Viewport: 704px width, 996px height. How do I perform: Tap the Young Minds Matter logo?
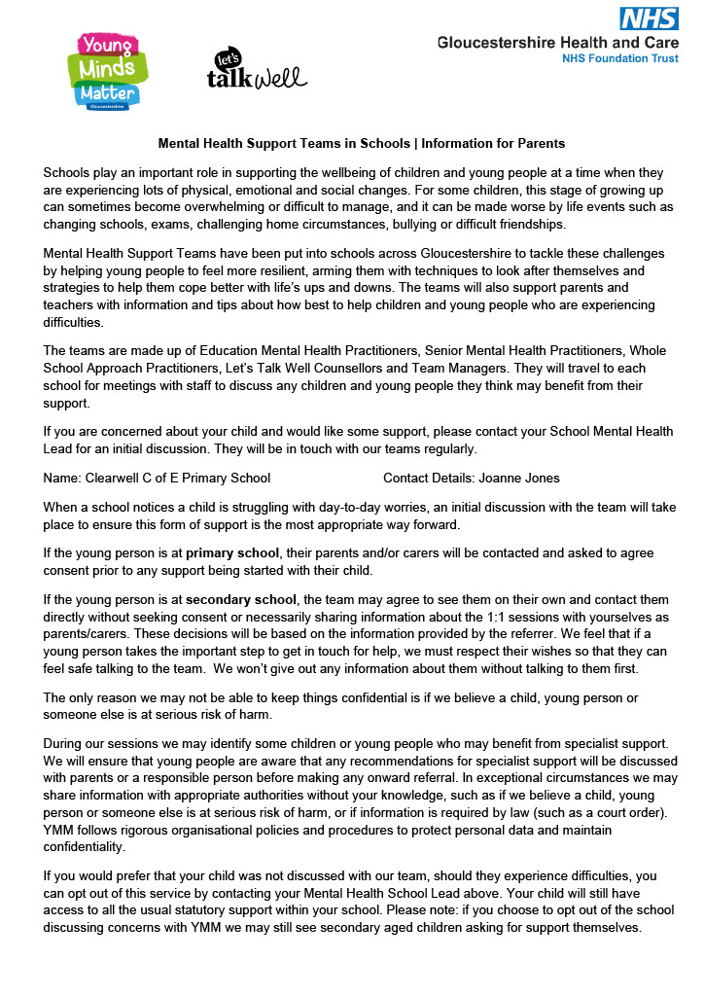click(107, 70)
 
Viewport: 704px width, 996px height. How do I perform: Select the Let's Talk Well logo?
click(256, 70)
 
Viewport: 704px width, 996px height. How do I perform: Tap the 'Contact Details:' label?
click(428, 478)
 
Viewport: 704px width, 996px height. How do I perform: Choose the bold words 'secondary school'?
click(243, 597)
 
